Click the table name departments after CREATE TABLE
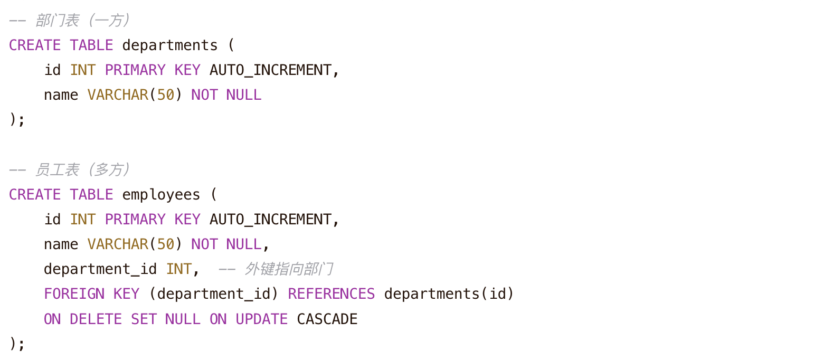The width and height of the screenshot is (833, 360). click(x=170, y=45)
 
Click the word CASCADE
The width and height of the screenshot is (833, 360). click(x=327, y=319)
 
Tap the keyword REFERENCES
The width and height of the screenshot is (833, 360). click(x=332, y=294)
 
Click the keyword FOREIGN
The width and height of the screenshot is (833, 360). click(x=74, y=294)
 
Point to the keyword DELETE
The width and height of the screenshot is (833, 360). click(x=96, y=319)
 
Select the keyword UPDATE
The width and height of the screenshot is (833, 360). click(x=261, y=319)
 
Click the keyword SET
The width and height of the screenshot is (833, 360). click(x=144, y=319)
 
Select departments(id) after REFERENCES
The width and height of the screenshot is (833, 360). click(x=449, y=294)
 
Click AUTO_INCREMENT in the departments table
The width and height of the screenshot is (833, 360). click(x=271, y=70)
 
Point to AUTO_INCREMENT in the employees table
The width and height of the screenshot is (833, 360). click(x=271, y=220)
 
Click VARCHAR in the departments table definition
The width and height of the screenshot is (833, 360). click(x=118, y=95)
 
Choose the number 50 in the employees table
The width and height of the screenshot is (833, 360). click(x=165, y=245)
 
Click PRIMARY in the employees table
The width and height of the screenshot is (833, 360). click(x=135, y=220)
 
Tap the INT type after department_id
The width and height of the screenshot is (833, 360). click(x=178, y=269)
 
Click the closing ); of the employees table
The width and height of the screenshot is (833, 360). click(x=17, y=344)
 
